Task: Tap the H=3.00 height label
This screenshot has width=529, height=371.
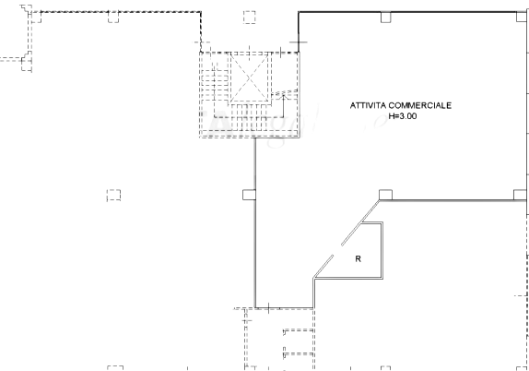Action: pos(403,116)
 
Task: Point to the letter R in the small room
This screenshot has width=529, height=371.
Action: pos(358,258)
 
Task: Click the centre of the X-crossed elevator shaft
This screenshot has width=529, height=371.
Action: pos(250,78)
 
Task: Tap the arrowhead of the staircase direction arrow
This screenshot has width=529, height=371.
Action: pos(284,97)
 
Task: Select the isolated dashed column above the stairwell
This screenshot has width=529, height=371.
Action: pos(250,17)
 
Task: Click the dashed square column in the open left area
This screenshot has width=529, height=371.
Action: pos(113,196)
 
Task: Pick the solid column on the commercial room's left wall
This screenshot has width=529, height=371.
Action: pos(249,195)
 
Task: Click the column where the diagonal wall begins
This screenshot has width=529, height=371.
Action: pos(385,195)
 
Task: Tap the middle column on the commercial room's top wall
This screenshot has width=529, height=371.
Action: pos(386,18)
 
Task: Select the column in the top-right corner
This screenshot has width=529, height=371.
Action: pos(522,17)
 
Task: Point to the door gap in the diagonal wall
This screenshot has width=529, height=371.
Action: pos(337,250)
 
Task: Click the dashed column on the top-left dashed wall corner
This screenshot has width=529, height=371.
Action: pos(35,17)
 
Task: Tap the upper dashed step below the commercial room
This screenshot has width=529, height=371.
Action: pos(299,330)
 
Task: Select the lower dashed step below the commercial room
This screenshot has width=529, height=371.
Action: pos(299,354)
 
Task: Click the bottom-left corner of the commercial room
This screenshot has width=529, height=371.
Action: pos(255,308)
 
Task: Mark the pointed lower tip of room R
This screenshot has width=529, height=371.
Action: pos(314,278)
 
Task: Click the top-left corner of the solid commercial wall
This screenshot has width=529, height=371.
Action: pos(299,12)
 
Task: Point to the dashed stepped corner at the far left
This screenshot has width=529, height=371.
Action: pos(27,61)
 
